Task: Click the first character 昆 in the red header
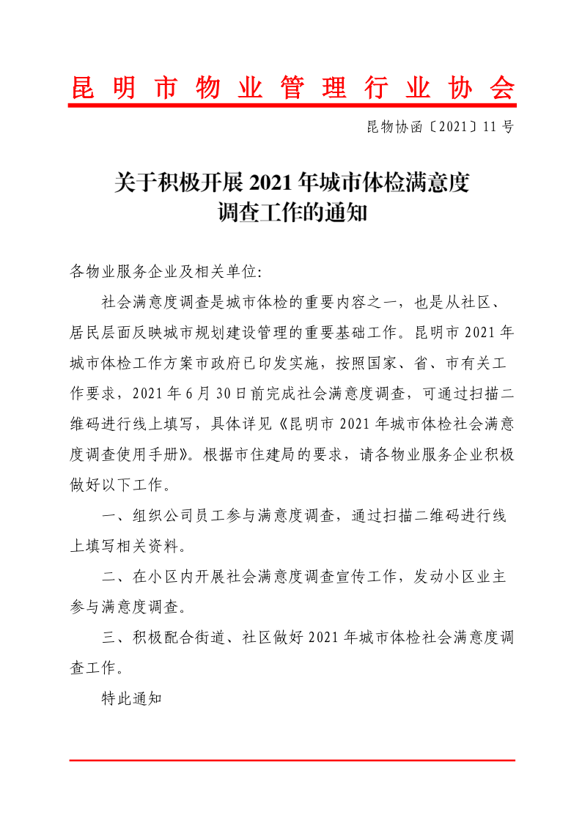point(82,88)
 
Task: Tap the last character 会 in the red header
point(503,88)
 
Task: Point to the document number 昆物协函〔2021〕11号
point(440,127)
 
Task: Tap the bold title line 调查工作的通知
point(292,213)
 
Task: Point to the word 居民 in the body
point(85,331)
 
